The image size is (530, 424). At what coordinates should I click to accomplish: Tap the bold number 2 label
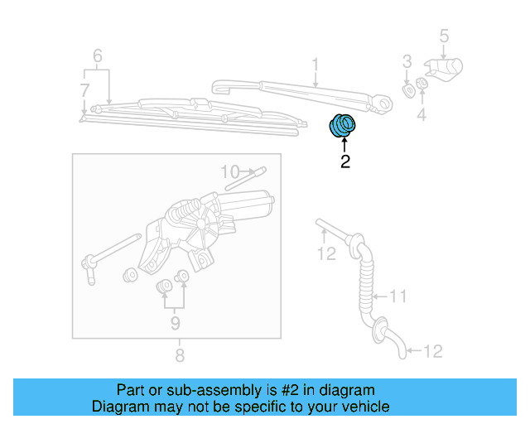(344, 162)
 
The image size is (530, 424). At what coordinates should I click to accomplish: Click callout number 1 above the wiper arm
(316, 64)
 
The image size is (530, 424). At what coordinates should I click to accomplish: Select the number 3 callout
(407, 60)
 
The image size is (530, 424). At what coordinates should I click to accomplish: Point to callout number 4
(421, 116)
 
